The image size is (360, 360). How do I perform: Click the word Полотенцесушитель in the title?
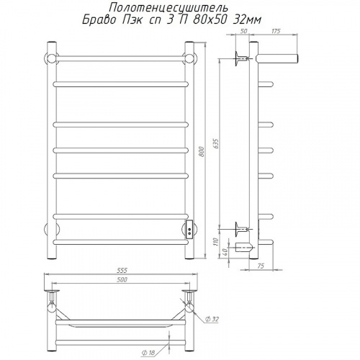(168, 9)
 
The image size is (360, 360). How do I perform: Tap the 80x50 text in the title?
(210, 20)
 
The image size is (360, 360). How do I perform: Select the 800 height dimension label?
(202, 151)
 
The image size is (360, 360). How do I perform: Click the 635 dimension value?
(216, 143)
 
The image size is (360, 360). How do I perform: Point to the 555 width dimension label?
(122, 270)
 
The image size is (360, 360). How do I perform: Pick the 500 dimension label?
(122, 279)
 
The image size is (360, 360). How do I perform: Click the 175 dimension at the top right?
(276, 31)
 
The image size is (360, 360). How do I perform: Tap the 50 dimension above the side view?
(243, 31)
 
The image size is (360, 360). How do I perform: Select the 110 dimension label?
(216, 242)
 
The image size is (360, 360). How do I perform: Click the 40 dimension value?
(225, 251)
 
